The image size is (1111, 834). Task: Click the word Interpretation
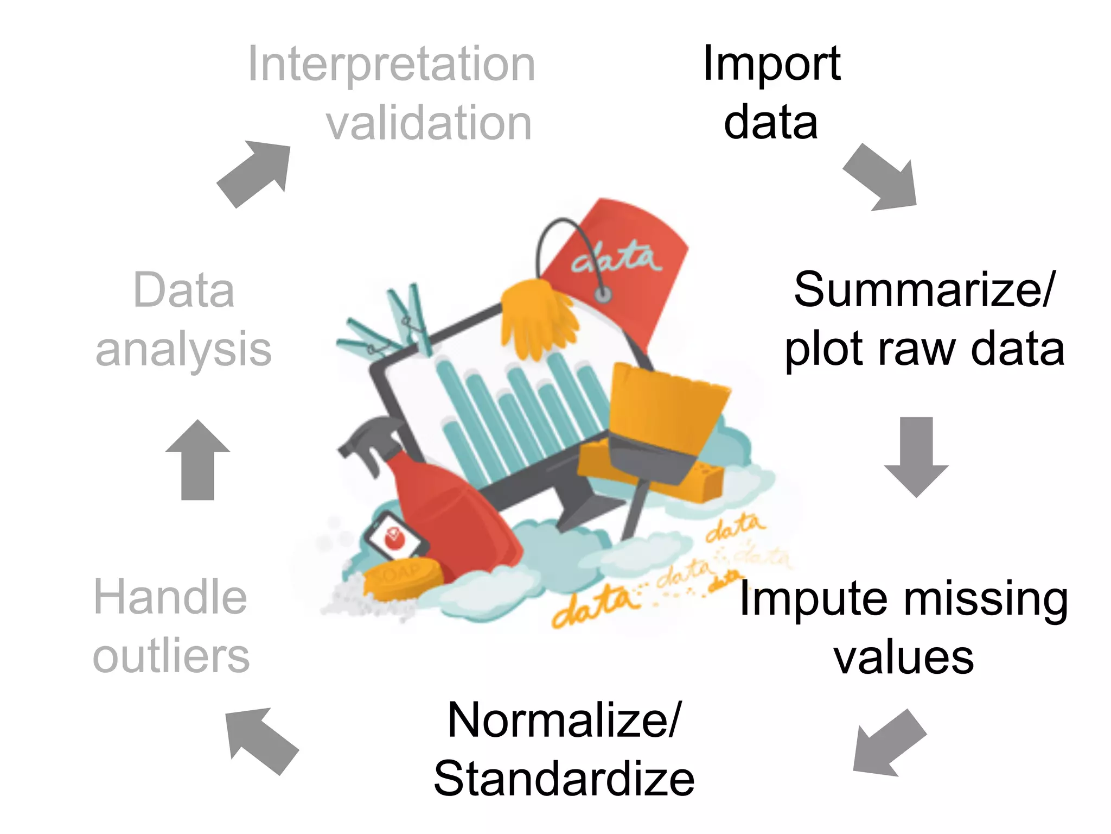(x=391, y=65)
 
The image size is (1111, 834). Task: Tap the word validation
(x=429, y=124)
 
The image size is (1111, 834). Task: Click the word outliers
(x=171, y=657)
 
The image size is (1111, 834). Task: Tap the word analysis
(x=183, y=350)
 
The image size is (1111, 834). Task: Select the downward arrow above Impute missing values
(x=916, y=456)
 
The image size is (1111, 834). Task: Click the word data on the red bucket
(x=617, y=260)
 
